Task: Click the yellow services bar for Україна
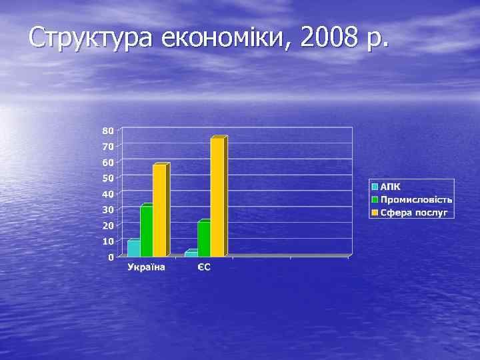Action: tap(160, 211)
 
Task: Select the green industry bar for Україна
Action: tap(147, 231)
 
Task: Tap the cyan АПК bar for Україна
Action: tap(133, 248)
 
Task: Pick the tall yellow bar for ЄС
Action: tap(217, 197)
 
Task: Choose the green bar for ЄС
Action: tap(204, 239)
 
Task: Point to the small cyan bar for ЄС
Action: tap(191, 253)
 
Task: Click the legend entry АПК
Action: tap(391, 187)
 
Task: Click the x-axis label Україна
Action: tap(146, 268)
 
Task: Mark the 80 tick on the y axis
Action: tap(107, 129)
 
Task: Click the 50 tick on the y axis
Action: tap(107, 178)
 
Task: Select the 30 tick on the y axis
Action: tap(107, 210)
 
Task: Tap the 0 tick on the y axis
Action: tap(111, 257)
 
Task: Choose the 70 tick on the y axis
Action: tap(107, 146)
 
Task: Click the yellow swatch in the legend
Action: tap(375, 212)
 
